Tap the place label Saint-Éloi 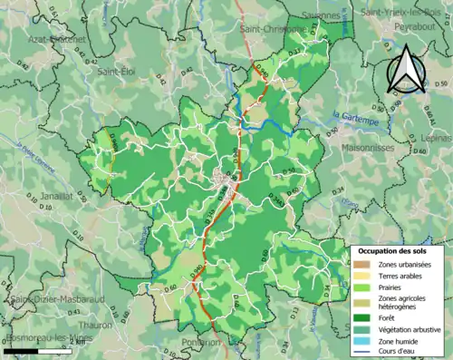(x=117, y=71)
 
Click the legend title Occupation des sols (x=397, y=249)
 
